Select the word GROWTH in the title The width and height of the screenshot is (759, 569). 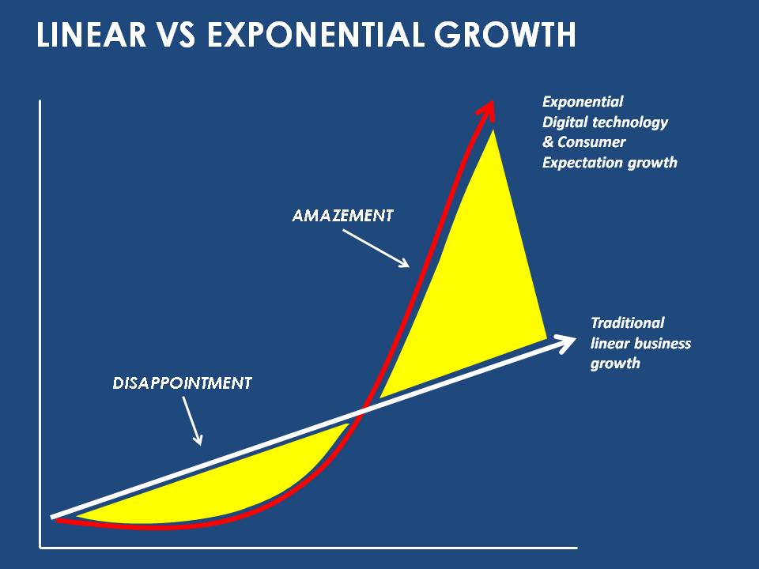[x=505, y=34]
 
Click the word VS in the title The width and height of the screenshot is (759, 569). [x=176, y=34]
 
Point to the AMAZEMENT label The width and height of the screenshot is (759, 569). [x=342, y=215]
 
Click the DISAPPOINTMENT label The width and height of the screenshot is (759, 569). [x=182, y=383]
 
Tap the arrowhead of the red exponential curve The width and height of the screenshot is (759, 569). [x=486, y=111]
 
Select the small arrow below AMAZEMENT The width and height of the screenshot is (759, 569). [x=376, y=248]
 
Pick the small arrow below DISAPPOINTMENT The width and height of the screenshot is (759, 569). [x=192, y=420]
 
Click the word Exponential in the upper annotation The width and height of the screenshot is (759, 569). [x=583, y=102]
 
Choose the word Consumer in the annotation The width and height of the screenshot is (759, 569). [x=591, y=142]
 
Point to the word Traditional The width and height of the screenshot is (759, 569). [x=628, y=322]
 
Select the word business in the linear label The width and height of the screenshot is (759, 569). [x=663, y=343]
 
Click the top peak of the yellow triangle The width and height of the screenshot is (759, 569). [x=493, y=130]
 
